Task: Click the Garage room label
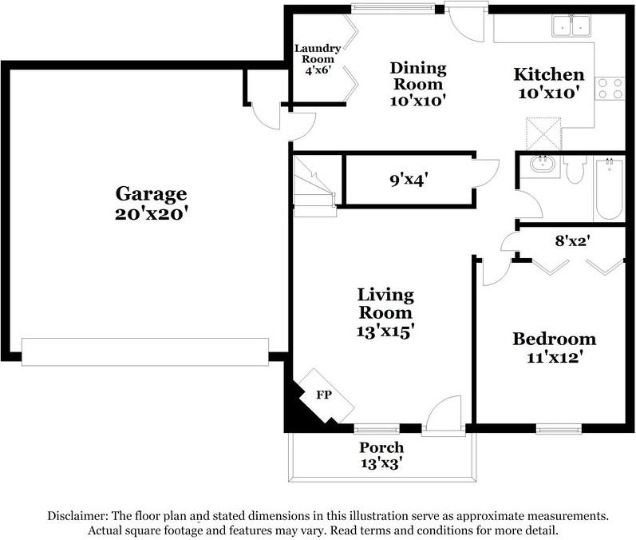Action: coord(151,193)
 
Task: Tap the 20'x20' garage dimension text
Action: coord(151,213)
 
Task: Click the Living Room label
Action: coord(385,304)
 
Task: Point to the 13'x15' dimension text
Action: coord(385,329)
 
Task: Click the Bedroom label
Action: coord(554,339)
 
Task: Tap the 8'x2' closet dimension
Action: coord(572,238)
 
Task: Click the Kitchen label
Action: coord(548,74)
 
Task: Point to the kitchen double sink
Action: coord(571,26)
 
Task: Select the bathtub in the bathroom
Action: coord(609,189)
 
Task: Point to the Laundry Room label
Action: coord(318,59)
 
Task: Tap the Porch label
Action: coord(381,447)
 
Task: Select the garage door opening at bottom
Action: coord(144,351)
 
